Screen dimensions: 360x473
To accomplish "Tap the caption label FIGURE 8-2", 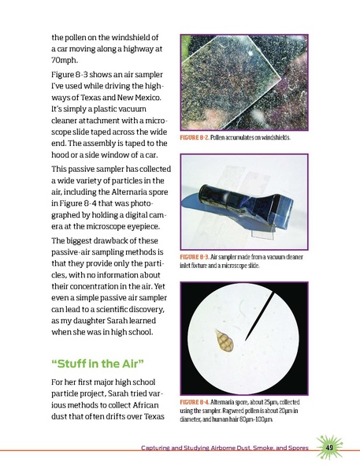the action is click(x=199, y=139).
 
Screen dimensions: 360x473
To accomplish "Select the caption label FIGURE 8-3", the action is click(x=199, y=258).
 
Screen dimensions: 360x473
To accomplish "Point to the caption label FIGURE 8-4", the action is click(x=199, y=401).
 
